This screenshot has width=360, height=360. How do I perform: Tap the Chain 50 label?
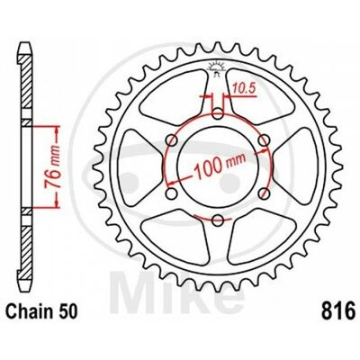tap(41, 311)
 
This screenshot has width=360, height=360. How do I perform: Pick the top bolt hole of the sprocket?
tap(218, 113)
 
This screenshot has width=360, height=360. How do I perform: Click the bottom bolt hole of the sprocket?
tap(218, 220)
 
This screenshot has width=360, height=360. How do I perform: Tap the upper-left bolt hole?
tap(172, 140)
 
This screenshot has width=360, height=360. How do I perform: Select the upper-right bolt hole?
tap(264, 140)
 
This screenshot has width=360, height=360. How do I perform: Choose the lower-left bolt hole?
tap(172, 193)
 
